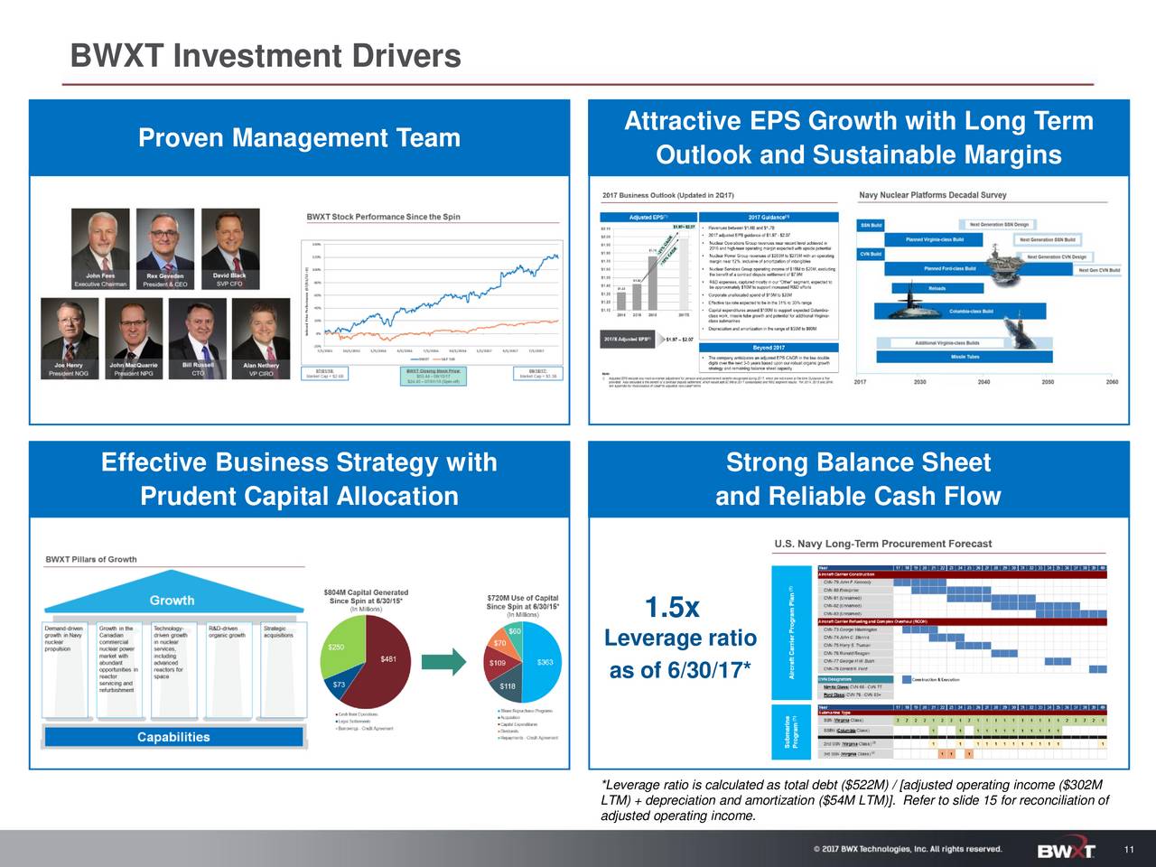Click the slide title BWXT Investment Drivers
[x=266, y=57]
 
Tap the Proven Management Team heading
[x=299, y=138]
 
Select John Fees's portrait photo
[x=100, y=239]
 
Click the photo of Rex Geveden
[x=165, y=239]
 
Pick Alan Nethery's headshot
[x=261, y=329]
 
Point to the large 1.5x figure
[x=672, y=608]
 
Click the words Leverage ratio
[x=680, y=639]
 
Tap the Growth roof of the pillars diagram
[x=172, y=600]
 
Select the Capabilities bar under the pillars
[x=173, y=737]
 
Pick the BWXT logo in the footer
[x=1066, y=851]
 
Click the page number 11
[x=1129, y=851]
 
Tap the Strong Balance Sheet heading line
[x=858, y=463]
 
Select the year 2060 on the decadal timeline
[x=1112, y=382]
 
